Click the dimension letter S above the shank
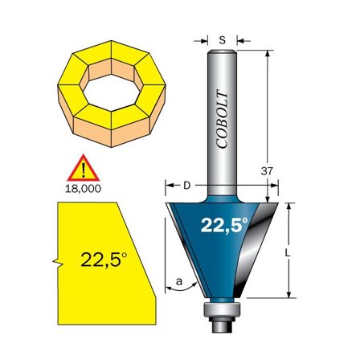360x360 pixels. point(223,37)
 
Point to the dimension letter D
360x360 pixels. point(186,186)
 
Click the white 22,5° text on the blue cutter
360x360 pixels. point(224,226)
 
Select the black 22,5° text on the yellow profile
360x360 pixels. point(103,260)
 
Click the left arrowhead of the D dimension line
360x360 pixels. point(169,186)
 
